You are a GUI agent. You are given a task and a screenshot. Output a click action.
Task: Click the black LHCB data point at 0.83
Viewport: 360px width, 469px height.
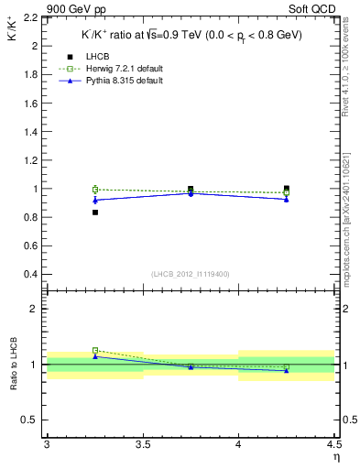coord(94,213)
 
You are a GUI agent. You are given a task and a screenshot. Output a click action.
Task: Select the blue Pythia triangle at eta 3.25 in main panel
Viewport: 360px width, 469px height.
coord(94,200)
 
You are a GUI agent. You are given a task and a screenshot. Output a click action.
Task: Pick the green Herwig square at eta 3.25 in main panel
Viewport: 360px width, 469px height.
coord(94,189)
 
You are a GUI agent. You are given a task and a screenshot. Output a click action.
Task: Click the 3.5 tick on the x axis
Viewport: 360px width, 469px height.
coord(142,445)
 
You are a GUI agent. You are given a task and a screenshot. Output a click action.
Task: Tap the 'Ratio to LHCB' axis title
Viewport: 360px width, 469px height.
coord(14,365)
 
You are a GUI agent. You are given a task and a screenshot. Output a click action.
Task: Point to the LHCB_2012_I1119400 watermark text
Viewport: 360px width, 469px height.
coord(191,274)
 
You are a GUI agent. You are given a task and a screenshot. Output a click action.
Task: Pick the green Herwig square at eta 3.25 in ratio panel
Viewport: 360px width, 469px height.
coord(94,350)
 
